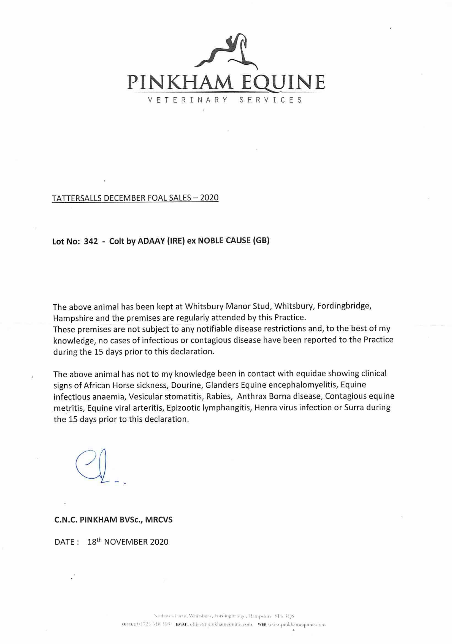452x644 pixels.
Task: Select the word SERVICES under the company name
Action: point(271,100)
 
